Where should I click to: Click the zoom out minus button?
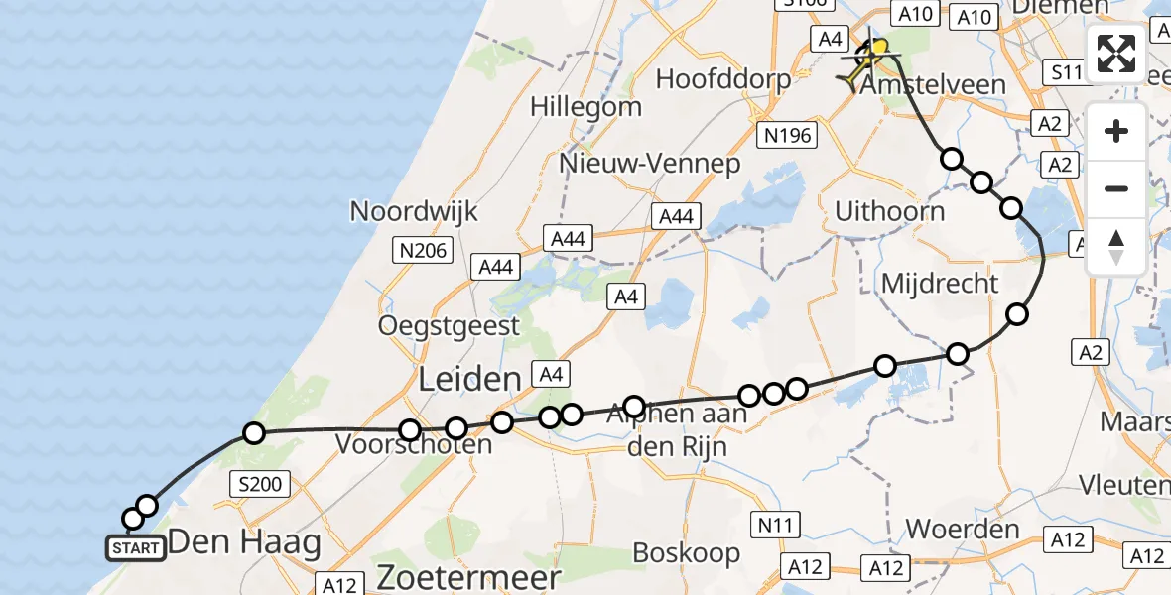1116,188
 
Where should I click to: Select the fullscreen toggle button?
1116,54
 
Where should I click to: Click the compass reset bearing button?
1116,247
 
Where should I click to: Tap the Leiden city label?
469,378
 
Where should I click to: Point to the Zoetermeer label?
468,577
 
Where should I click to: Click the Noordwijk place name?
414,210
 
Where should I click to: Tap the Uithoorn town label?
889,210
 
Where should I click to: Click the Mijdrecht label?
940,284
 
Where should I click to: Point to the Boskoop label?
687,552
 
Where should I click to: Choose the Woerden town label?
963,529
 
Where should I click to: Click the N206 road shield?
425,252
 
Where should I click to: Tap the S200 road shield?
261,485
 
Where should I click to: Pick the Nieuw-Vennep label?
650,163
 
